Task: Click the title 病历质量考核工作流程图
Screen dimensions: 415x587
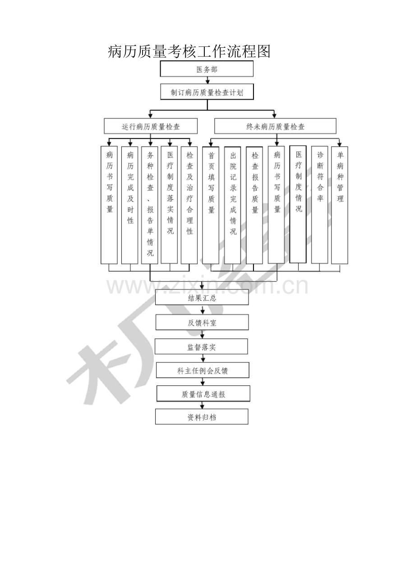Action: coord(189,51)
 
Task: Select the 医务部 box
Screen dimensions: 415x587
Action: coord(207,69)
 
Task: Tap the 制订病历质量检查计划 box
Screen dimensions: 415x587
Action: coord(207,92)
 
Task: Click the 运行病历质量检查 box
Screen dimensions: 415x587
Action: coord(151,126)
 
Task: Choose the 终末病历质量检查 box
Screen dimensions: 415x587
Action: coord(275,126)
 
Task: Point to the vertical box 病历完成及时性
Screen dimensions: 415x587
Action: coord(130,205)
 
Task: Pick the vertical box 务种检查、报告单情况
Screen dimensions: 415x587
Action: coord(150,205)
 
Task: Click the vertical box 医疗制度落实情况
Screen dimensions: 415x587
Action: coord(169,205)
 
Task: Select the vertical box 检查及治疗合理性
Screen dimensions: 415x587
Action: coord(189,205)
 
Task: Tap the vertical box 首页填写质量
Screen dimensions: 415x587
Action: coord(211,205)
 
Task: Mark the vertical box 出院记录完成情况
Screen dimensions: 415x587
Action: coord(233,205)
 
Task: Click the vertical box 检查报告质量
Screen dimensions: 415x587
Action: coord(254,205)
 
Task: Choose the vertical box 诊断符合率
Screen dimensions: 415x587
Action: coord(319,205)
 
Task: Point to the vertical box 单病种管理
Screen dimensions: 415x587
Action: coord(340,205)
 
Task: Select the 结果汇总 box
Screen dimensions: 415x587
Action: coord(202,297)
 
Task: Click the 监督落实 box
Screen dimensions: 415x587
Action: coord(201,347)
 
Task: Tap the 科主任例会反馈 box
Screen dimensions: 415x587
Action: coord(203,370)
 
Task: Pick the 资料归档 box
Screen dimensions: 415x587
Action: coord(202,417)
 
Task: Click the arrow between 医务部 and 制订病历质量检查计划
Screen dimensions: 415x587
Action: coord(207,80)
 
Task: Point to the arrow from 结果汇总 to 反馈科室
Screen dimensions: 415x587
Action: coord(203,310)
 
